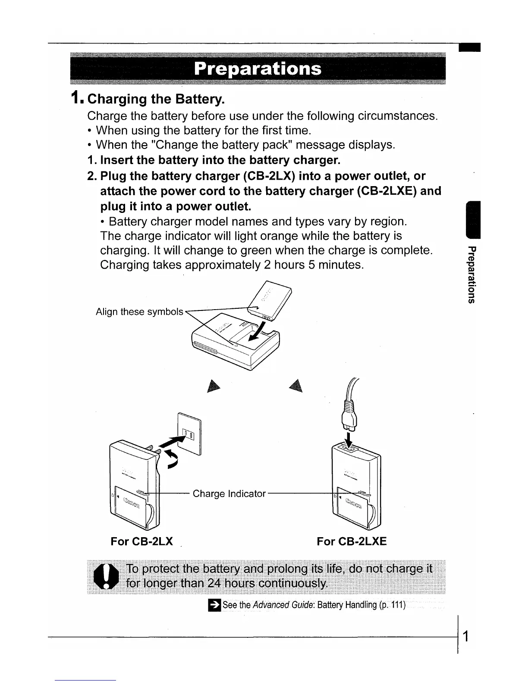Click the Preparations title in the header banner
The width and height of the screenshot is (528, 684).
(x=258, y=69)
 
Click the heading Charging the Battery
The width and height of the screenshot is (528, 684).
(x=155, y=100)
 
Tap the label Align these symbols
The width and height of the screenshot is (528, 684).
(x=139, y=312)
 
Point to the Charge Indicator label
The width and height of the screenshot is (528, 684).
(x=229, y=494)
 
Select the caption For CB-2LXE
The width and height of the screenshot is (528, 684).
(x=352, y=541)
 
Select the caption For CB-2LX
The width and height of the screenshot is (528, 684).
(x=142, y=541)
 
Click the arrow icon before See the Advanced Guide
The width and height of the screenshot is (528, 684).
(x=214, y=605)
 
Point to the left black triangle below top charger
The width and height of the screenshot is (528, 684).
(x=212, y=387)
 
